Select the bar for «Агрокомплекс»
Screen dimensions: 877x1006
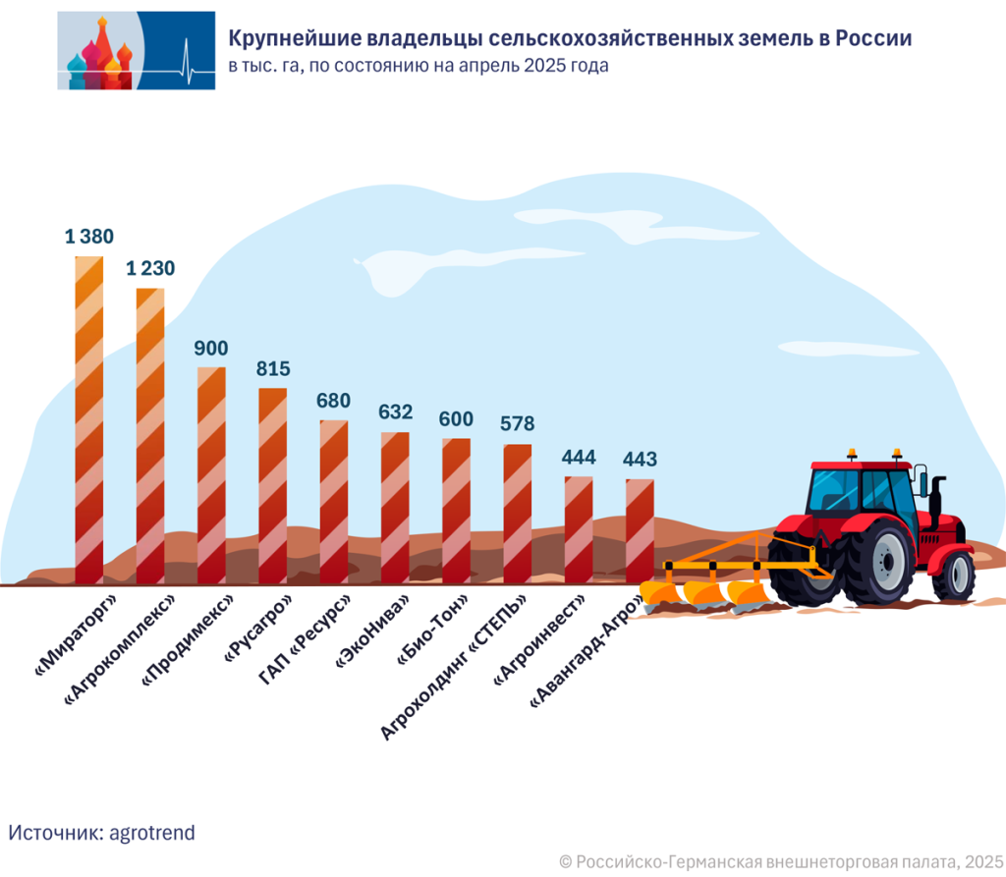[x=150, y=436]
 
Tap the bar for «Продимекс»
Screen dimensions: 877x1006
[x=211, y=476]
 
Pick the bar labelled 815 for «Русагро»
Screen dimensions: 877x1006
[x=273, y=486]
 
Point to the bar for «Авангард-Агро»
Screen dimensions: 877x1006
[x=640, y=531]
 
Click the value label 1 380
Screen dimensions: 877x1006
[x=89, y=236]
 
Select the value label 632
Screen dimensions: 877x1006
[x=395, y=411]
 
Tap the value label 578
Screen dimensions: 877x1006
[x=517, y=424]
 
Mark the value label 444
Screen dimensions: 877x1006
[x=579, y=457]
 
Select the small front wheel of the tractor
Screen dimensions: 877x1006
[x=953, y=575]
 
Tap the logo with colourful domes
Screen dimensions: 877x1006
[x=136, y=51]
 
